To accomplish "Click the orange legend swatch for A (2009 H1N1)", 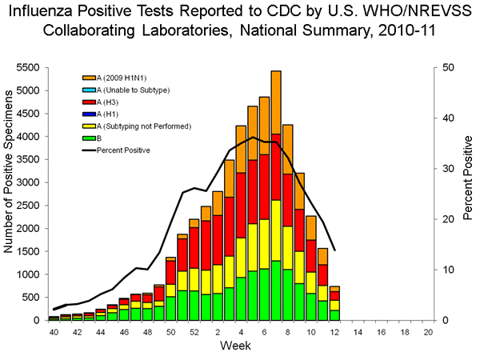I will click(x=88, y=78).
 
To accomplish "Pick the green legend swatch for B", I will click(x=88, y=138).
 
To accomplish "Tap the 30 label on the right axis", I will click(x=449, y=169).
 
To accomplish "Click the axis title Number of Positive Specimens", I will click(x=10, y=194).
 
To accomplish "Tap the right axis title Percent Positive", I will click(x=467, y=194).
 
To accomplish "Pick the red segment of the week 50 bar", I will click(x=170, y=272).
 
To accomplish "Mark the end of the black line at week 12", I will click(x=335, y=250).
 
